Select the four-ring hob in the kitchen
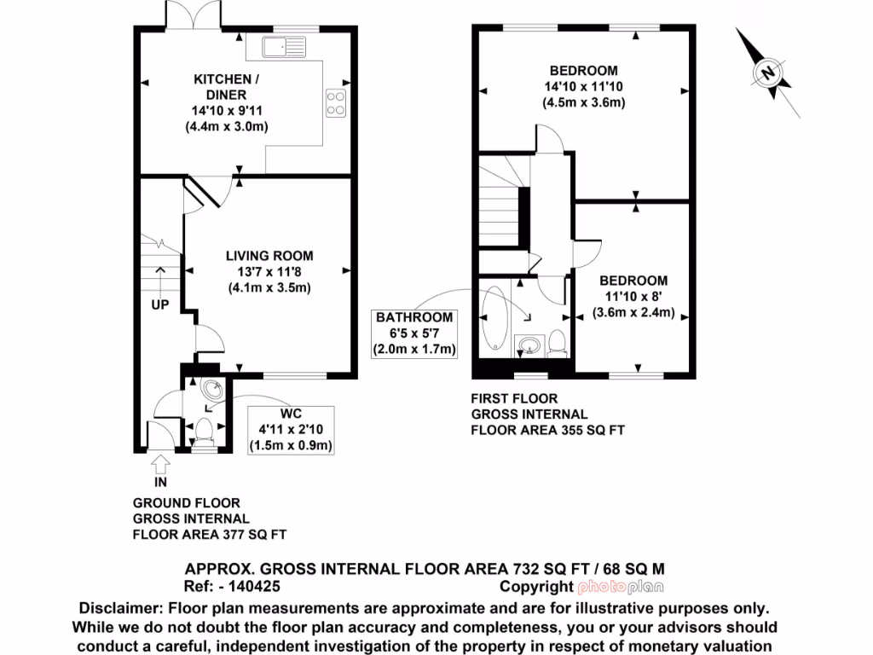(x=336, y=102)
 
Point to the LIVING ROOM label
(x=269, y=255)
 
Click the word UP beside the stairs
(x=160, y=304)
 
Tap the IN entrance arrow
(x=160, y=467)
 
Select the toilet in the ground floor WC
(x=205, y=431)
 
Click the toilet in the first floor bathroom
(x=558, y=342)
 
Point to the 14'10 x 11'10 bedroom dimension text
(x=584, y=86)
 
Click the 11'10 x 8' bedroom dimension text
(x=633, y=297)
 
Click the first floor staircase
(x=502, y=210)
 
